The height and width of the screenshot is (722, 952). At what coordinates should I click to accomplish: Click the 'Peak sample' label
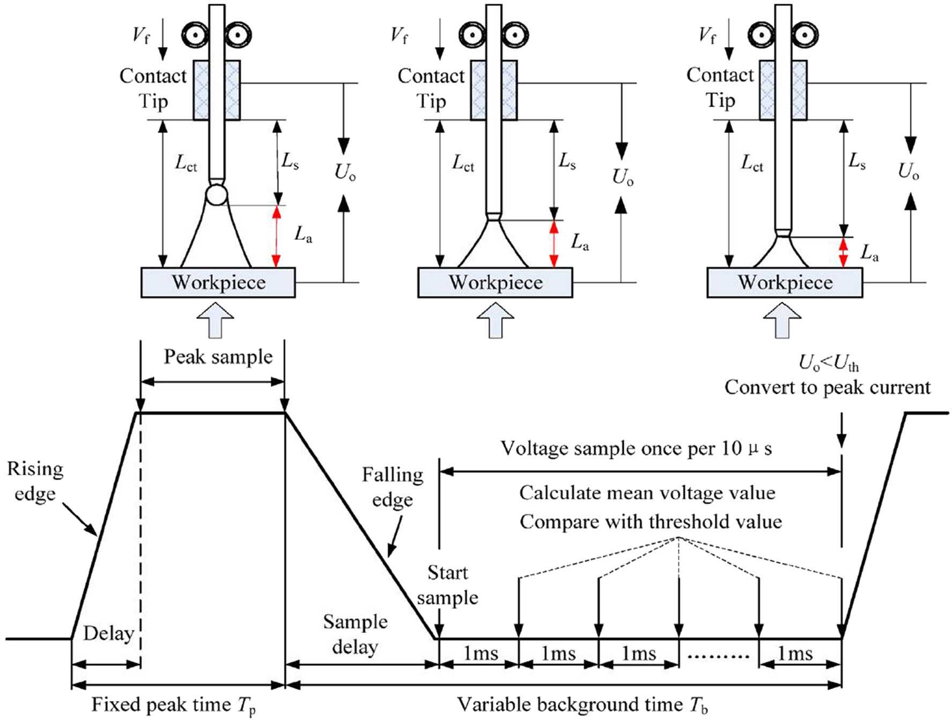[218, 357]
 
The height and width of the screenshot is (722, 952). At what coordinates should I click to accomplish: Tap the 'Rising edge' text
[35, 481]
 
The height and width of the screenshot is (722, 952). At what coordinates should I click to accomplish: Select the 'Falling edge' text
[393, 487]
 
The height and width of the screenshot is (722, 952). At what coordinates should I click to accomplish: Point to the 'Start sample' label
[448, 585]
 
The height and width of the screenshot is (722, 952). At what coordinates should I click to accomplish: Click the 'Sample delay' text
[355, 634]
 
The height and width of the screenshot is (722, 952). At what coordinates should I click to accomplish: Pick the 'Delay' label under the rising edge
[108, 633]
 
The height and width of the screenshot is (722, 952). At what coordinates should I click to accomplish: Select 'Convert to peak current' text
[828, 387]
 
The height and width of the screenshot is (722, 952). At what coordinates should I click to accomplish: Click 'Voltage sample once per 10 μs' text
[636, 448]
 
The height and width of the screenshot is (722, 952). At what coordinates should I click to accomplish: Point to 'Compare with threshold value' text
[651, 522]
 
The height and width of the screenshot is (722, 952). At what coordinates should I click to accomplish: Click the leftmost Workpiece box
[218, 283]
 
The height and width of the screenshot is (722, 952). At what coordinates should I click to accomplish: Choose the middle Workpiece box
[495, 283]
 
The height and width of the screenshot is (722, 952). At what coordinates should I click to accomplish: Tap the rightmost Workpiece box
[785, 283]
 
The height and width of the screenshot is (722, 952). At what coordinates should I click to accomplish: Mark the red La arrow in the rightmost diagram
[843, 253]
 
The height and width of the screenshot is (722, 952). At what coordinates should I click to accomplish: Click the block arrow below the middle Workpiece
[495, 320]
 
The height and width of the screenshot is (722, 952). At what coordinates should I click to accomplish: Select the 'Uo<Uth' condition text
[829, 364]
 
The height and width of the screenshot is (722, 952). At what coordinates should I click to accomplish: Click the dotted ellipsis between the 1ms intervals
[719, 655]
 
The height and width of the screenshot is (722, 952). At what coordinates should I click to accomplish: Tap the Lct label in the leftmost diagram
[186, 163]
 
